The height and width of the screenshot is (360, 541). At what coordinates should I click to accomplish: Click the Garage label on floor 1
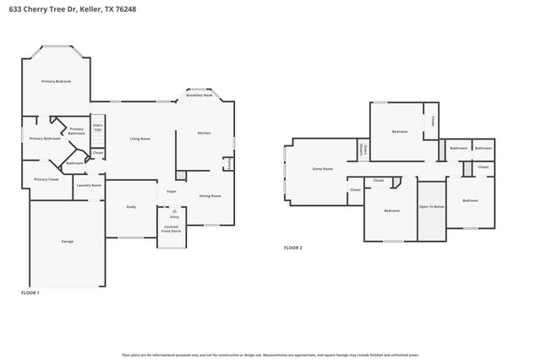pos(67,242)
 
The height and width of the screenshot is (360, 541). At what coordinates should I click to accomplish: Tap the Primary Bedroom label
pos(57,81)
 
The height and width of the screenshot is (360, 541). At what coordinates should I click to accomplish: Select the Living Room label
pos(139,139)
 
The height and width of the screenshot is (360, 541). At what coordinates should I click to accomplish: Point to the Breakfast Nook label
pos(199,96)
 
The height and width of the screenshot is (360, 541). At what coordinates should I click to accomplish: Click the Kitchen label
pos(204,134)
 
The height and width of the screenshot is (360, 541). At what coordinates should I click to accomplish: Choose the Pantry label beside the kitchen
pos(228,162)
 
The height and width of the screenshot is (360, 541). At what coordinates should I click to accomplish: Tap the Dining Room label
pos(210,196)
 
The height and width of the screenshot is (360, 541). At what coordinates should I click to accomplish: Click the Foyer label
pos(171,192)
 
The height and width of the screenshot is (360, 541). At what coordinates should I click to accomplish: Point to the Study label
pos(131,207)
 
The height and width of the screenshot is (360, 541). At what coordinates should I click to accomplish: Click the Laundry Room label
pos(89,185)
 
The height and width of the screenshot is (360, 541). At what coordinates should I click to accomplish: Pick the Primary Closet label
pos(46,179)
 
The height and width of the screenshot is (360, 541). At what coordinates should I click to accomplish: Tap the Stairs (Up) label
pos(97,128)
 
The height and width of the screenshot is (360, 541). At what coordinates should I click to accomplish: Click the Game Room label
pos(323,169)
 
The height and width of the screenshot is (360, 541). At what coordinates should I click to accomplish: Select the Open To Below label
pos(431,206)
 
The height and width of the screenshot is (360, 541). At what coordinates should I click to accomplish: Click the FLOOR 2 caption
pos(292,248)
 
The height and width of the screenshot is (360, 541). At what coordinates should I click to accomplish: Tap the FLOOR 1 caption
pos(30,292)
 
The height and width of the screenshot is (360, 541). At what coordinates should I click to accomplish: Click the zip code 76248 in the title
pos(125,8)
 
